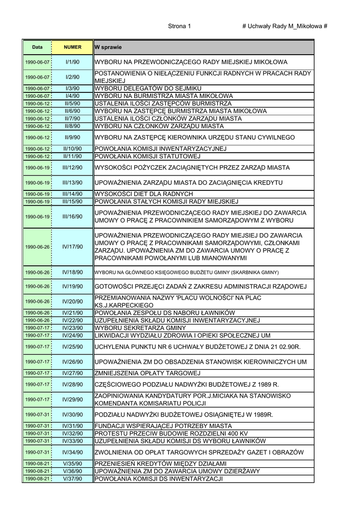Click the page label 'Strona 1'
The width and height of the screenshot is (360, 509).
click(x=180, y=26)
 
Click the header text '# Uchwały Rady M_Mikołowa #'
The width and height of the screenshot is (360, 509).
click(x=284, y=26)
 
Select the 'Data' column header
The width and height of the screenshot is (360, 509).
click(x=37, y=47)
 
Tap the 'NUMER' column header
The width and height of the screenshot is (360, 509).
click(x=73, y=47)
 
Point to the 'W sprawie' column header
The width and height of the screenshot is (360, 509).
click(x=108, y=47)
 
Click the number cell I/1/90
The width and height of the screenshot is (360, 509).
click(x=73, y=62)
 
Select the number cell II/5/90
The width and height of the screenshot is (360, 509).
click(x=73, y=103)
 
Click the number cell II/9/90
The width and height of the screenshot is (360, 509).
click(x=73, y=137)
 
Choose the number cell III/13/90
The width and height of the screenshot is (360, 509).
click(x=73, y=182)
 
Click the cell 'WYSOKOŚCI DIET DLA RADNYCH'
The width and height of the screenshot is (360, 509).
click(x=143, y=194)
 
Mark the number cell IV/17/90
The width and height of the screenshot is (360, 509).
click(x=73, y=247)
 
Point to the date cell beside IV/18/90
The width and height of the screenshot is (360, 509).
click(x=37, y=272)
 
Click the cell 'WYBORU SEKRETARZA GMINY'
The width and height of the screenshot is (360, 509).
click(x=140, y=328)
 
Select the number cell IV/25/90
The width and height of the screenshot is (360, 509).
click(x=73, y=346)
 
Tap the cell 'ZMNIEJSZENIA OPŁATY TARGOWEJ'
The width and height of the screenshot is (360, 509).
click(x=147, y=373)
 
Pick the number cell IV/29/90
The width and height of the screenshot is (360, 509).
click(x=73, y=399)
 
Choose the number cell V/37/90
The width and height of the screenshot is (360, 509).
click(x=73, y=479)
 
